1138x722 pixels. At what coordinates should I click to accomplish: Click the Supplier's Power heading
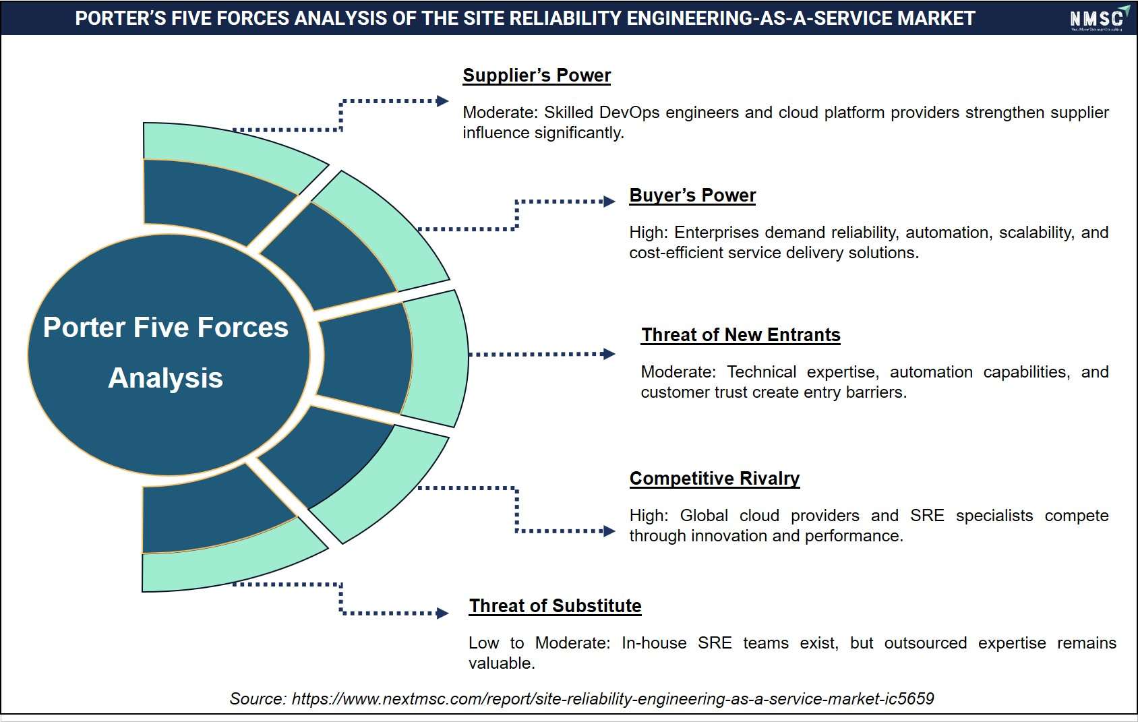(537, 76)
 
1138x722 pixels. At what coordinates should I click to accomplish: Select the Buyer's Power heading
(692, 195)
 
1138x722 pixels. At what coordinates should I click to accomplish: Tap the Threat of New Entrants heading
(741, 335)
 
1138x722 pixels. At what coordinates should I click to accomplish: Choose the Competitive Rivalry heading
(715, 478)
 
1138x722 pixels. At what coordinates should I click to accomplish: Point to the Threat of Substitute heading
(555, 605)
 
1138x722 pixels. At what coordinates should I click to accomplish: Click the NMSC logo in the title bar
(1099, 19)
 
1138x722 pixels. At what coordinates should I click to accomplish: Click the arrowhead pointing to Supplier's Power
(442, 101)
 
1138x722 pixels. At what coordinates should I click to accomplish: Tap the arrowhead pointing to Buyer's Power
(609, 202)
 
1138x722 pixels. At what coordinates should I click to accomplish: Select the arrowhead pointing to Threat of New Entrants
(609, 354)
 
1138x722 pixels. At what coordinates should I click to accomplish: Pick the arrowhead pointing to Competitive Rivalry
(609, 531)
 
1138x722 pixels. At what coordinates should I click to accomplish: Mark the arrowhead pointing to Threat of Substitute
(442, 613)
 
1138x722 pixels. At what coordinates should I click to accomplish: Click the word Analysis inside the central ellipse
(166, 378)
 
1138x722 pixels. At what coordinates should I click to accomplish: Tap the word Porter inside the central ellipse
(84, 327)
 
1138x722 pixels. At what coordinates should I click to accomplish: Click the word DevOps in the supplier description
(629, 113)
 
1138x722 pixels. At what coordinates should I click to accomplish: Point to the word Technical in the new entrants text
(762, 372)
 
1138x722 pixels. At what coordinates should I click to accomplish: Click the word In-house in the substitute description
(654, 642)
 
